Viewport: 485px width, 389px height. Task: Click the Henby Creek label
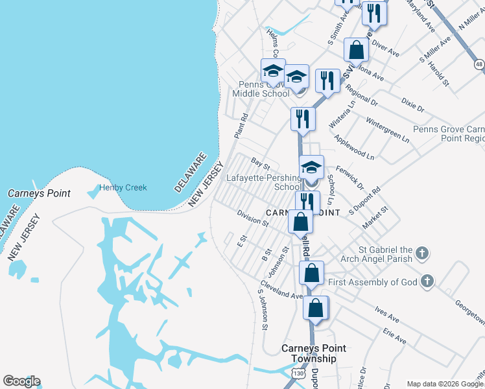(123, 188)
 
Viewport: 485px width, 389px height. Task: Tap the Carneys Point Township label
(313, 353)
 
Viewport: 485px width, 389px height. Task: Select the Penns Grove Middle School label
(261, 89)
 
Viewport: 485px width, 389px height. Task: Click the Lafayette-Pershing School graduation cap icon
(311, 167)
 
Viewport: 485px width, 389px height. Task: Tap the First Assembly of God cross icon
(427, 281)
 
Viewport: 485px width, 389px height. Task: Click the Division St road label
(253, 217)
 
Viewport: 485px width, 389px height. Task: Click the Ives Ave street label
(386, 314)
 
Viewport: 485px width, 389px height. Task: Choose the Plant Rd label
(241, 126)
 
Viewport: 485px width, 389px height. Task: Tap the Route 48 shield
(479, 64)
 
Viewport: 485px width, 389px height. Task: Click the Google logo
(21, 381)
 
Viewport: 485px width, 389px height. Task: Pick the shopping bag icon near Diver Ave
(356, 49)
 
